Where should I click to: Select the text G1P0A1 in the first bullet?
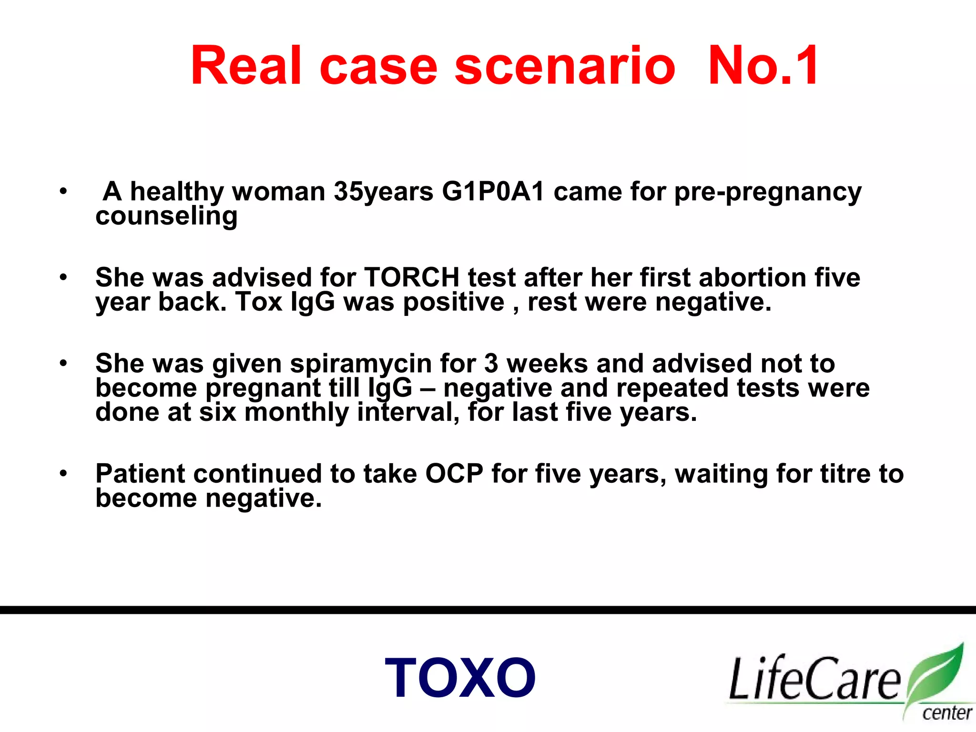tap(493, 192)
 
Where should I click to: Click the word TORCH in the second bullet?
tap(412, 277)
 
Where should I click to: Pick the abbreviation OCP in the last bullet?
tap(454, 474)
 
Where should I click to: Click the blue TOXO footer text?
tap(460, 678)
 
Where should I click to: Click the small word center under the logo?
tap(946, 713)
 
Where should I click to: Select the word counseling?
tap(166, 216)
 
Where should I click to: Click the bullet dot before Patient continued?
tap(63, 474)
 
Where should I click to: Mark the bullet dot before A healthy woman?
tap(63, 192)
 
